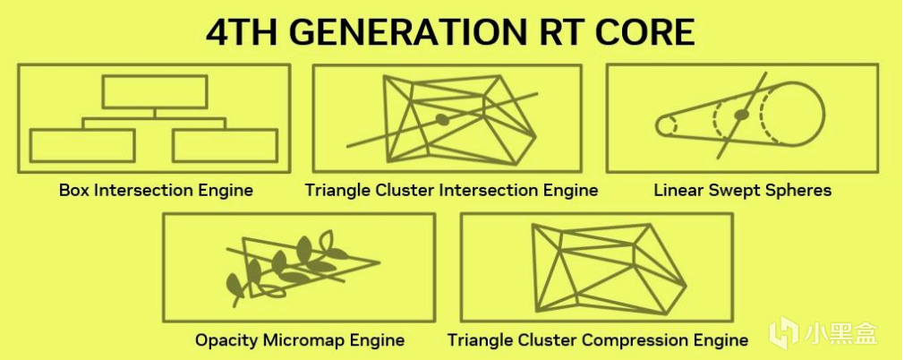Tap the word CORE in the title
(x=644, y=32)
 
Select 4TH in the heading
(x=243, y=32)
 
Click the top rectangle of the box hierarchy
(x=155, y=92)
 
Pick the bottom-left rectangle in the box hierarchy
(x=82, y=145)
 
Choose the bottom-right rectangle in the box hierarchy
(x=225, y=145)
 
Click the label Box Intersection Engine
(x=156, y=191)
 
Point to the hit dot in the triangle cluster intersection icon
(x=441, y=119)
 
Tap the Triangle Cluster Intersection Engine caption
(x=451, y=191)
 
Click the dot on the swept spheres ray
(x=741, y=115)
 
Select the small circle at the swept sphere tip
(x=666, y=125)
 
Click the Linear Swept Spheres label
(x=743, y=191)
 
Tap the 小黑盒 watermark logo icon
(x=783, y=334)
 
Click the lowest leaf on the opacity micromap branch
(x=235, y=285)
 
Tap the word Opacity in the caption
(x=226, y=340)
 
